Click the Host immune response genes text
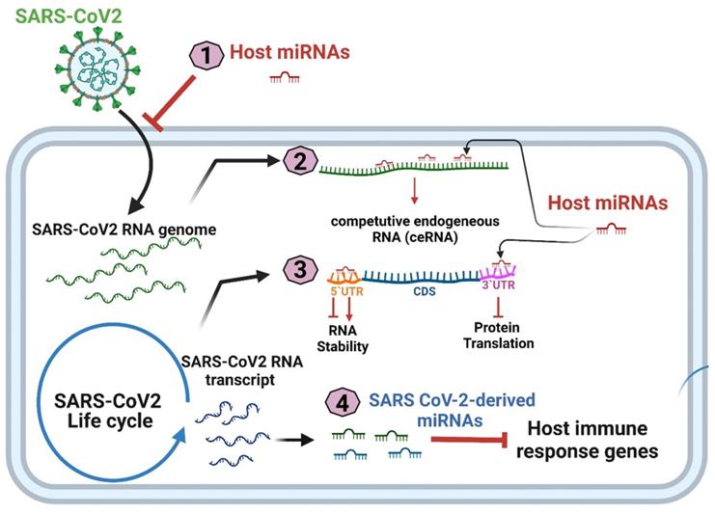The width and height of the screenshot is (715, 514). [x=588, y=439]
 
